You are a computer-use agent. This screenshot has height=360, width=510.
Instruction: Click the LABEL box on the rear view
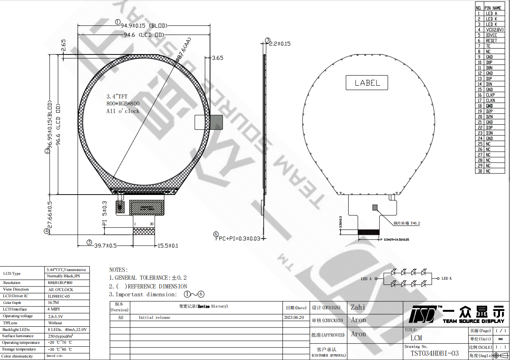click(x=367, y=83)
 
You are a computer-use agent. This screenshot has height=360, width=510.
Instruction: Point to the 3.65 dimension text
click(x=218, y=58)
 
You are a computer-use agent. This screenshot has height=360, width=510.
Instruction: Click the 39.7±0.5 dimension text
click(x=105, y=246)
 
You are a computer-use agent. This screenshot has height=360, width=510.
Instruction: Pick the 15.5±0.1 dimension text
click(x=167, y=246)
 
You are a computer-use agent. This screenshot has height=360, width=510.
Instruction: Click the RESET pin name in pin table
click(x=491, y=41)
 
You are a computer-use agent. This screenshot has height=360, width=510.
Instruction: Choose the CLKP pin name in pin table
click(x=490, y=95)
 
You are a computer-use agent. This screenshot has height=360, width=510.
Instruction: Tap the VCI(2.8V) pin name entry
click(x=494, y=30)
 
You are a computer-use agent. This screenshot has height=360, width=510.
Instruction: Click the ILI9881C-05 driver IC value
click(x=59, y=296)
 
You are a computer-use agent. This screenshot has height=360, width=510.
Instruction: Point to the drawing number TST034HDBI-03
click(x=431, y=353)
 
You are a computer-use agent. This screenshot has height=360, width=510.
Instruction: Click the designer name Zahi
click(x=358, y=307)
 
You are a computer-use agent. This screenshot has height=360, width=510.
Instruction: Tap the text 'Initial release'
click(x=154, y=318)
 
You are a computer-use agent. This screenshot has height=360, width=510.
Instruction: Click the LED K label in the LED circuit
click(x=446, y=279)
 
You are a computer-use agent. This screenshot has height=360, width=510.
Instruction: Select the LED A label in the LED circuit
click(x=366, y=279)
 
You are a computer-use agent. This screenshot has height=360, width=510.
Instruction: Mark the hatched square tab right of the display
click(x=217, y=122)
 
